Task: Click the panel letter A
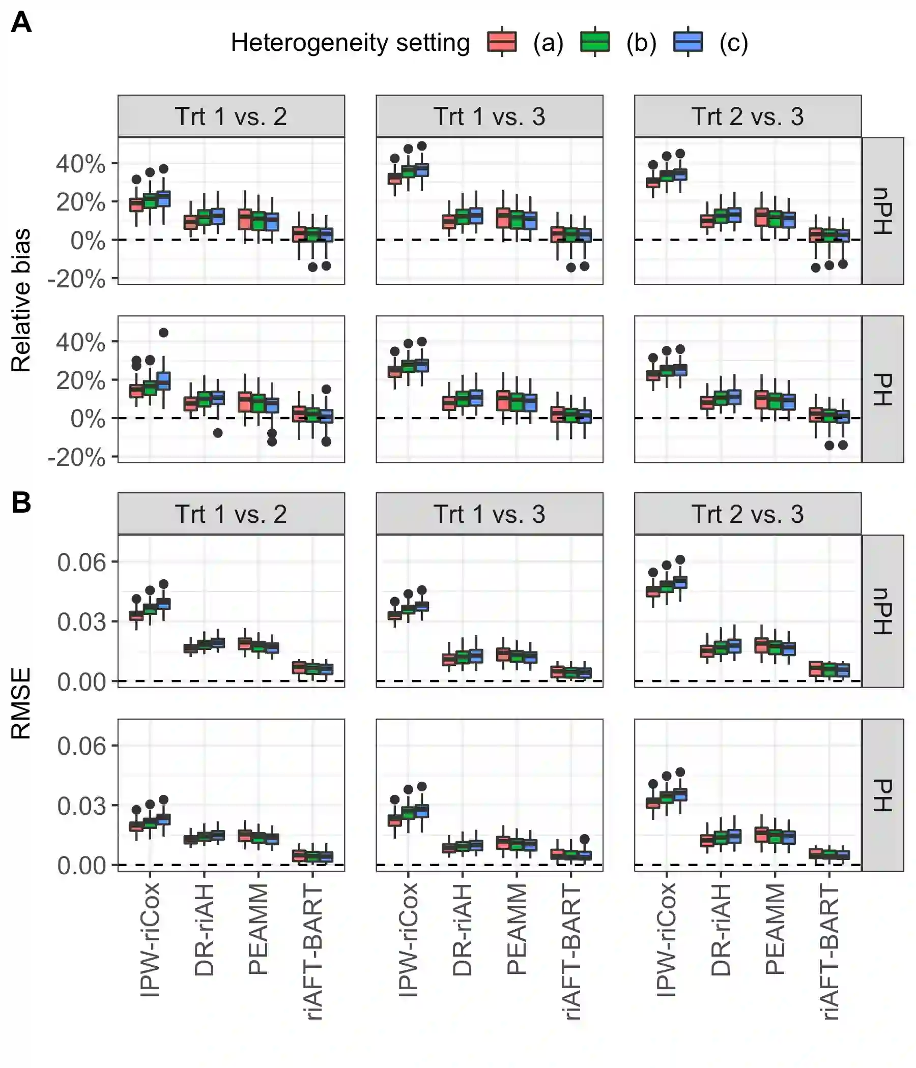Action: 21,23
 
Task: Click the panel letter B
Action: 21,502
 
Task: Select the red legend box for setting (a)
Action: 501,42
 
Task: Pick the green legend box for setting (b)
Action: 595,42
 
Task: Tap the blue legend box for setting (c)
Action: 688,42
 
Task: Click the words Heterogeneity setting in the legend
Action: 350,42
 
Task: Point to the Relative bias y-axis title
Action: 21,300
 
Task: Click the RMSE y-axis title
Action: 21,703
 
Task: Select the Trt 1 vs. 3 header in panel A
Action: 489,116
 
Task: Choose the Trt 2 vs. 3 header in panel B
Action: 748,514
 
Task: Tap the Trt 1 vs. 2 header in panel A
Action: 231,116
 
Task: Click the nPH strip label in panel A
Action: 882,211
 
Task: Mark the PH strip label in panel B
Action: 882,795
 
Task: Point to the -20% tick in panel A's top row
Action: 77,279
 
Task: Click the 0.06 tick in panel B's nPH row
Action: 81,562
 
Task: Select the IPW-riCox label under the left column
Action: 150,939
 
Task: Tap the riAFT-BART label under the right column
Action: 829,952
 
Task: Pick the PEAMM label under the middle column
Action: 517,929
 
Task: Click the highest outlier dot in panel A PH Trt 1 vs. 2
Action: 163,333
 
